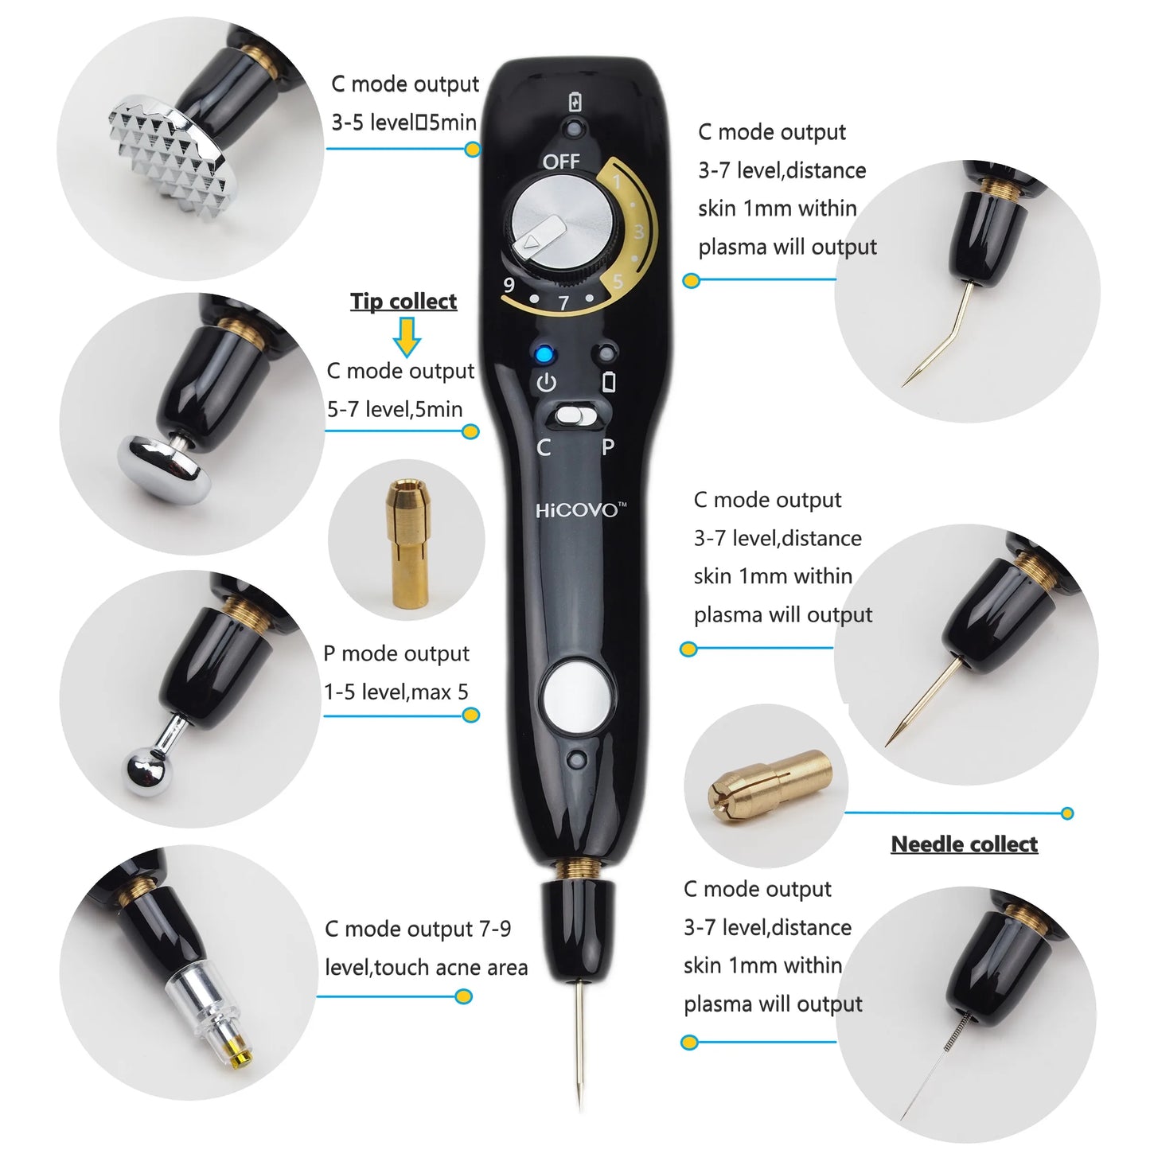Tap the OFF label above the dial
click(561, 162)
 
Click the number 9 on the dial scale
click(509, 284)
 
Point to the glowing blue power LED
click(544, 355)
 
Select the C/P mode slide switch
click(575, 415)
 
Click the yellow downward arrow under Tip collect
click(407, 336)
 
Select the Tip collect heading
click(403, 301)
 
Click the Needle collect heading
click(964, 844)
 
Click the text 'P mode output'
click(396, 653)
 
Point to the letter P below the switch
click(608, 447)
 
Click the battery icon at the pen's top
click(575, 102)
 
